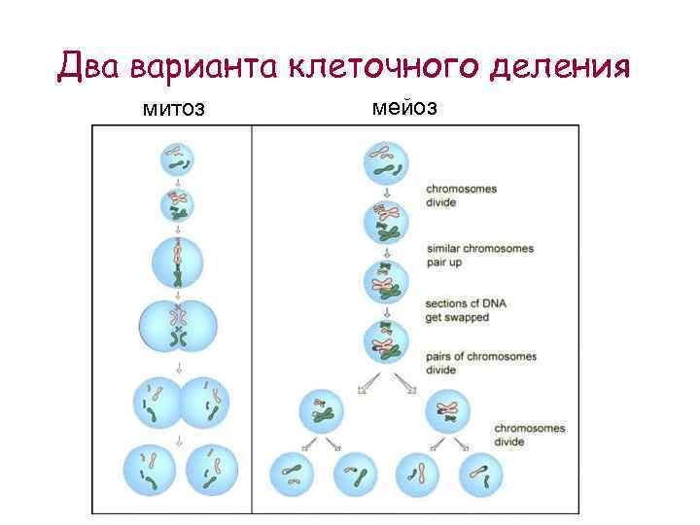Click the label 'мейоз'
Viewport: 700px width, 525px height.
click(405, 108)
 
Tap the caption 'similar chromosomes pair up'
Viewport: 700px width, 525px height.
click(480, 255)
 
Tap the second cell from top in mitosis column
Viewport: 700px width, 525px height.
click(177, 205)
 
